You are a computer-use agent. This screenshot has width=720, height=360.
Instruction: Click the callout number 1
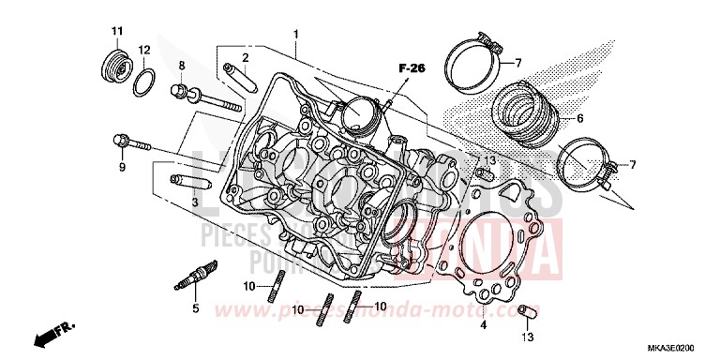pos(295,35)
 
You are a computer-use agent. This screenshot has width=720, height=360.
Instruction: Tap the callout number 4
pos(484,325)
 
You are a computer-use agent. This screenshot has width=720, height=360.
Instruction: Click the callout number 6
pos(579,119)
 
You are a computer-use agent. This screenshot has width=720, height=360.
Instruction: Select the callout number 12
pos(144,49)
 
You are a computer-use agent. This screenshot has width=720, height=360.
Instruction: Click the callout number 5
pos(196,308)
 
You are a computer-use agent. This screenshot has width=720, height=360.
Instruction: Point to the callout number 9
pos(121,168)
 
